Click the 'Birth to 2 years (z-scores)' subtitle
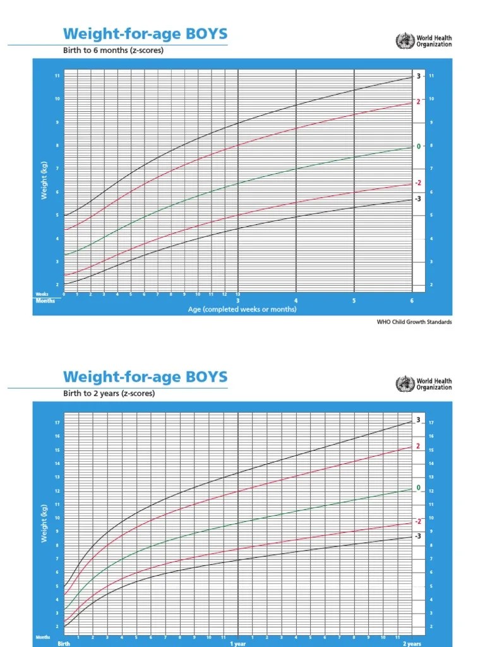pos(109,393)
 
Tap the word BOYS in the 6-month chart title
pos(205,33)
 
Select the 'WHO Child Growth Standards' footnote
pos(414,322)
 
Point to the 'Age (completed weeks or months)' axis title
pos(242,310)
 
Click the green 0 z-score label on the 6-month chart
pos(418,147)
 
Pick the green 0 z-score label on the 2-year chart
pos(418,488)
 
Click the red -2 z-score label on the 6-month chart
pos(418,183)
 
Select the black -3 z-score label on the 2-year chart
pos(418,536)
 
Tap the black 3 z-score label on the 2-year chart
pos(418,429)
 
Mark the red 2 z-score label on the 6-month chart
pos(418,101)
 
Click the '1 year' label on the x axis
pos(237,643)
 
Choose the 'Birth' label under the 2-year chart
pos(64,643)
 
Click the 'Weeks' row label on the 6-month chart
pos(42,294)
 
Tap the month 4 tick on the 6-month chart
pos(296,301)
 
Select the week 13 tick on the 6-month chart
pos(237,294)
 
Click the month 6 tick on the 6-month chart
pos(412,301)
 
